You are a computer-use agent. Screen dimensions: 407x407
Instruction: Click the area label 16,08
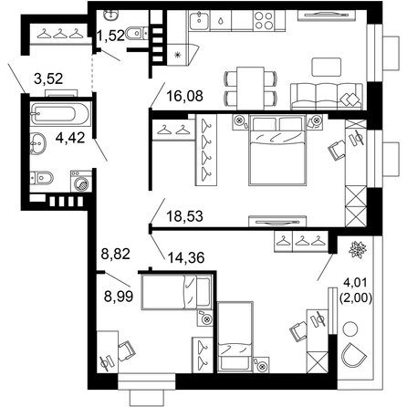184,96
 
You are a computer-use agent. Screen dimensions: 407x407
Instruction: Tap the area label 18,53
184,216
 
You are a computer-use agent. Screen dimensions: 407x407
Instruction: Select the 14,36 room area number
186,257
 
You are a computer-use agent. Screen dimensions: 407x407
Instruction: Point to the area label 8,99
119,296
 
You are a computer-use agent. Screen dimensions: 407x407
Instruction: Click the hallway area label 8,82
116,254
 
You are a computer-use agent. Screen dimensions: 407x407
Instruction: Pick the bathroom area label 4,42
70,138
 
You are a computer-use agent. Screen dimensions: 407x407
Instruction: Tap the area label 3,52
48,78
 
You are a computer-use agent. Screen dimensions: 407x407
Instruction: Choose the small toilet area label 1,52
110,36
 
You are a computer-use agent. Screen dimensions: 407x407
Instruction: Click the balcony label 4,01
355,282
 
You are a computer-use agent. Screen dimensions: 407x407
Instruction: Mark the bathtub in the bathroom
60,114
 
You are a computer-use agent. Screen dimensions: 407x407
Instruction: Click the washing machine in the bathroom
81,182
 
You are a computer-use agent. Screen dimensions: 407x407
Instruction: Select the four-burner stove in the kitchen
264,20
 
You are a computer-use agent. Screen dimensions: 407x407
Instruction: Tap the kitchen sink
199,20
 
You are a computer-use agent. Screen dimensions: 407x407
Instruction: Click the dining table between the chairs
250,89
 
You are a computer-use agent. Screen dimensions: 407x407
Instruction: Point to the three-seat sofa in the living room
327,97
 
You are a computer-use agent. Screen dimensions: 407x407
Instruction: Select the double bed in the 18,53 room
277,150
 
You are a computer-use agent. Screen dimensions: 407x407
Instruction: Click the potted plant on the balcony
358,250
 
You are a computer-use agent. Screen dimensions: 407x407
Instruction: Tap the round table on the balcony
350,329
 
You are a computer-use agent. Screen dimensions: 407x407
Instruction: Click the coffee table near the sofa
326,67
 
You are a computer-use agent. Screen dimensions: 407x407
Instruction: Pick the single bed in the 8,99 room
176,292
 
